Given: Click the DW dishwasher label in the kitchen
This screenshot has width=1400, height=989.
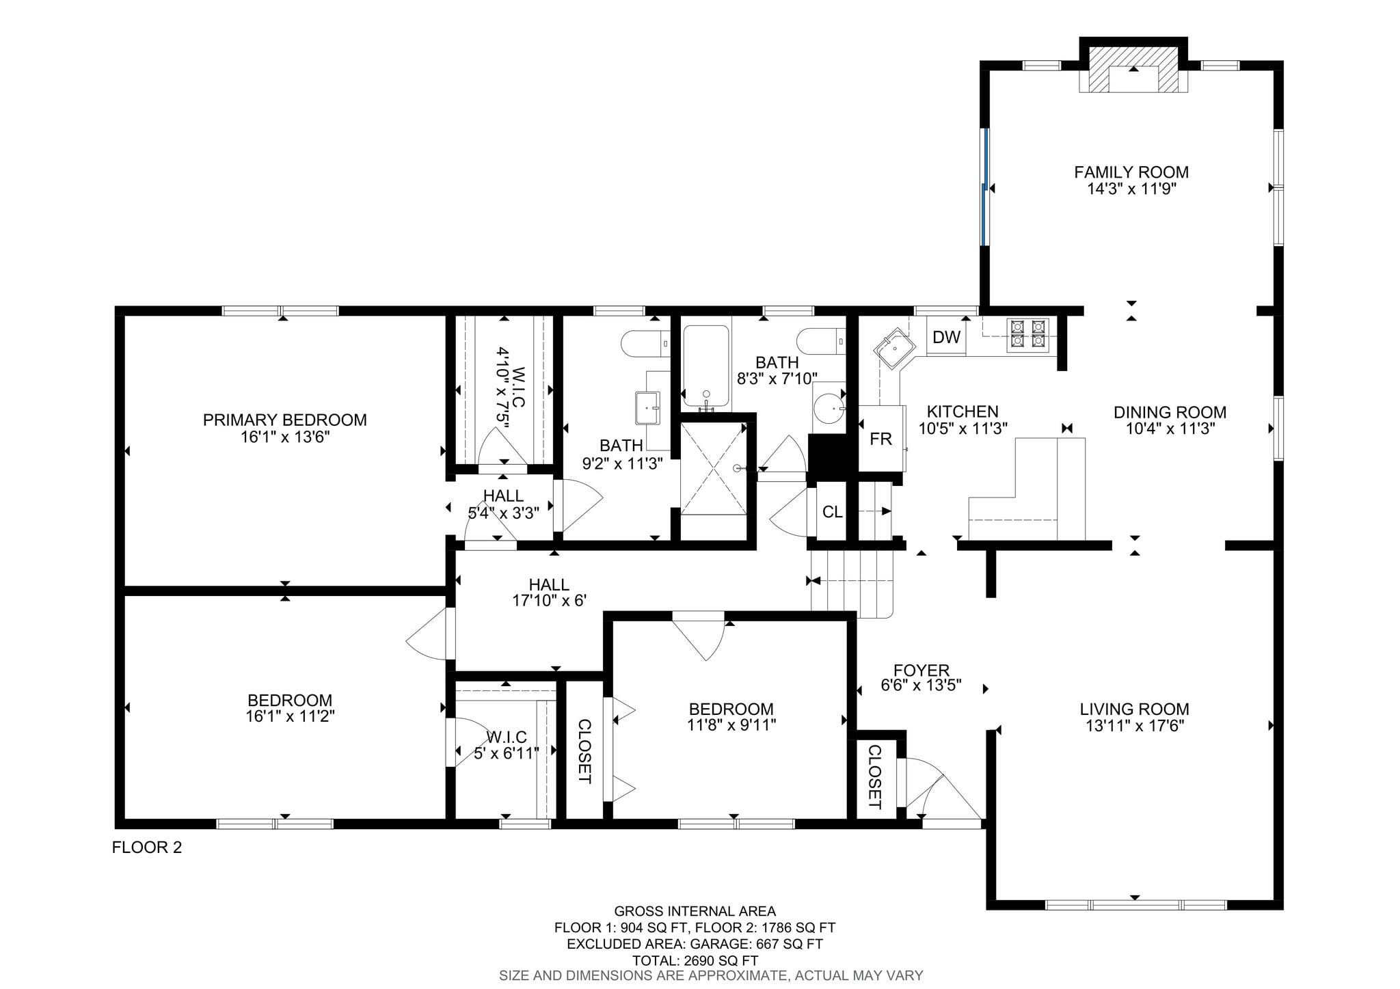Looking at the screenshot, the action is [x=946, y=337].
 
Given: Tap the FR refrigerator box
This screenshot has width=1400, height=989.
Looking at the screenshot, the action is [x=881, y=438].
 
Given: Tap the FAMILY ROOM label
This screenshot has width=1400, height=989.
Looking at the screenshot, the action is [x=1131, y=172].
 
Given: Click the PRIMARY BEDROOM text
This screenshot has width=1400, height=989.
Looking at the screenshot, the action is [x=285, y=420].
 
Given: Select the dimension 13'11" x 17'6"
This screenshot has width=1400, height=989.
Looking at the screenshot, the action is [x=1135, y=725].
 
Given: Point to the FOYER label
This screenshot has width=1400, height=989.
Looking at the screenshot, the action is [x=921, y=670].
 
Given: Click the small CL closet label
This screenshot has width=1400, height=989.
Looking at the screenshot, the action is [x=832, y=512].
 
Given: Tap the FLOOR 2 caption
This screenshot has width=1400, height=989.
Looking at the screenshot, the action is [x=147, y=848].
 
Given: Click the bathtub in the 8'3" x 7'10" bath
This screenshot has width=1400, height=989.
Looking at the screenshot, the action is [x=706, y=367].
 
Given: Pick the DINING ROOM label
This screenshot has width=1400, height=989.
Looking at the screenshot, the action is [x=1170, y=412].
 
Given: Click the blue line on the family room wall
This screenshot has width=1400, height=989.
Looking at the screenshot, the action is [x=984, y=187].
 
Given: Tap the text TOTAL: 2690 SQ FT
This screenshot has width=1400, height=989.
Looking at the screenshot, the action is [x=695, y=960].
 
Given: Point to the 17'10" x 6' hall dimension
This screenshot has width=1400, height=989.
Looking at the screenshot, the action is [x=550, y=601].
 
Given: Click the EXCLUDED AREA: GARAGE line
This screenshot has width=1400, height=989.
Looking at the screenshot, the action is [x=695, y=944].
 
